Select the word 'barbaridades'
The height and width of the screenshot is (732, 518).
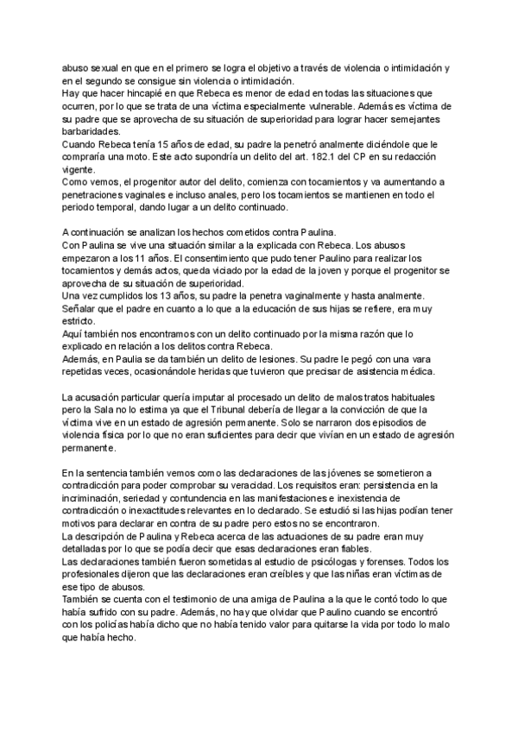pyautogui.click(x=92, y=131)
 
